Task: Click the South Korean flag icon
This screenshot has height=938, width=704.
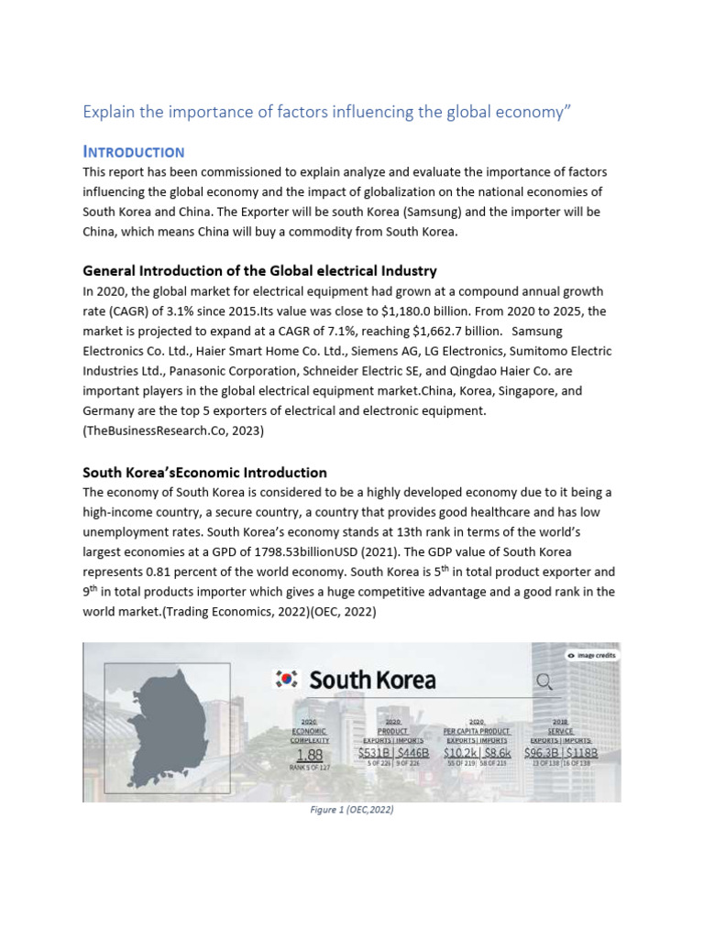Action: pyautogui.click(x=287, y=680)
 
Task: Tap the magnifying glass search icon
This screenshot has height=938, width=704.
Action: pyautogui.click(x=544, y=681)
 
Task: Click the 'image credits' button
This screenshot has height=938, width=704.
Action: pyautogui.click(x=591, y=655)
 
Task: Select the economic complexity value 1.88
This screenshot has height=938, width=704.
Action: pyautogui.click(x=309, y=754)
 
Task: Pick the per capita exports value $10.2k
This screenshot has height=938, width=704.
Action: pyautogui.click(x=459, y=753)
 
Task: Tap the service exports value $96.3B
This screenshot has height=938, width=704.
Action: pyautogui.click(x=541, y=753)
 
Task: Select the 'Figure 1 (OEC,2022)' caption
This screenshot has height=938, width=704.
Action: pyautogui.click(x=351, y=811)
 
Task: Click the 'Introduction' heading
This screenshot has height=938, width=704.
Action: pyautogui.click(x=134, y=152)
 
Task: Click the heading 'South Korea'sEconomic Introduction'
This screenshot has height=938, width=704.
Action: pyautogui.click(x=204, y=473)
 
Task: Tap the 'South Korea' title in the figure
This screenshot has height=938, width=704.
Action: pyautogui.click(x=372, y=680)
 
